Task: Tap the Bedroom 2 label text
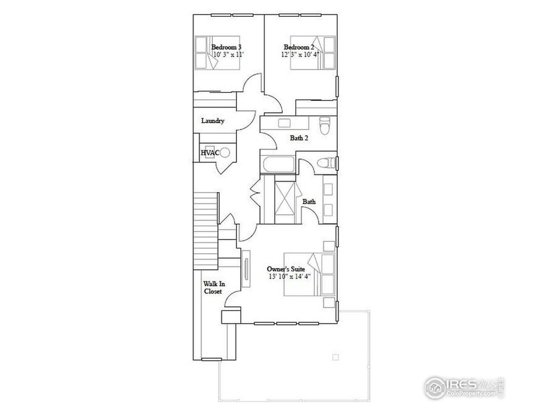click(299, 47)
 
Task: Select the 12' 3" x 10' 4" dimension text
click(301, 55)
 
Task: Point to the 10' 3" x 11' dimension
click(226, 55)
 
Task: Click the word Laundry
click(212, 121)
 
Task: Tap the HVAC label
click(209, 153)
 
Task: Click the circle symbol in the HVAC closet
click(226, 153)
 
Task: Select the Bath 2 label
click(299, 138)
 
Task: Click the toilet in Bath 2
click(326, 125)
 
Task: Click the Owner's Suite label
click(289, 269)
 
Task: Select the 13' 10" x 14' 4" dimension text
click(289, 277)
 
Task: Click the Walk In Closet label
click(214, 287)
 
